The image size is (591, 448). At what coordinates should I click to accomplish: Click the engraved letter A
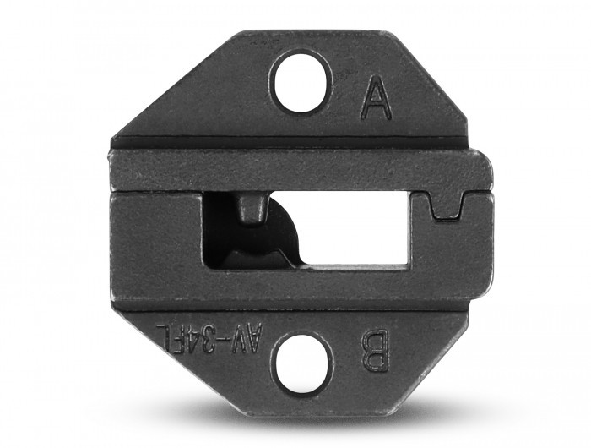point(377,96)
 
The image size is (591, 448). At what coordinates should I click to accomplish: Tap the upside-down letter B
point(375,352)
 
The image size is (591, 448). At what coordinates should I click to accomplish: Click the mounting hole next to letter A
point(301,84)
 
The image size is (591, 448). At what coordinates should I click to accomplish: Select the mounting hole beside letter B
point(301,363)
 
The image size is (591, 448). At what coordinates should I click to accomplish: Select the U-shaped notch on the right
point(447,205)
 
